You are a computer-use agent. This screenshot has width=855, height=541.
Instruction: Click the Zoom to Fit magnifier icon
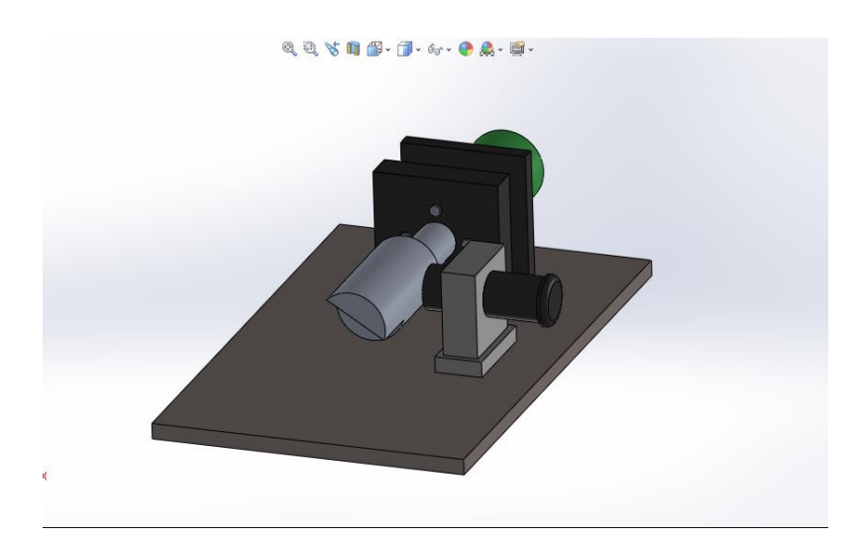click(x=289, y=48)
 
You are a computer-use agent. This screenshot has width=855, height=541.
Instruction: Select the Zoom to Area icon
click(x=309, y=48)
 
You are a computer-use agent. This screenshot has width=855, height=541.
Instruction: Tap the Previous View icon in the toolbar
click(x=329, y=48)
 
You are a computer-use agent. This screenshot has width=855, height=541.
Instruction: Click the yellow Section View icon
click(x=349, y=48)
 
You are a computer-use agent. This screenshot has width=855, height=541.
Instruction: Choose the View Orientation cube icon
click(x=370, y=48)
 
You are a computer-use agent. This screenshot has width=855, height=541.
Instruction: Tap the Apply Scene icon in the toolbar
click(x=488, y=48)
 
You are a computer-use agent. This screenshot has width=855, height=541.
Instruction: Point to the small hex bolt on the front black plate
click(x=432, y=210)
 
